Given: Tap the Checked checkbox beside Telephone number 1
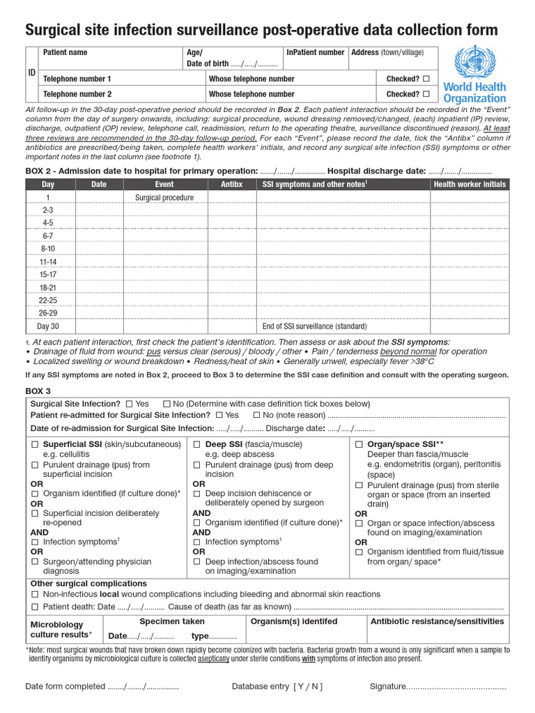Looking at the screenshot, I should [426, 79].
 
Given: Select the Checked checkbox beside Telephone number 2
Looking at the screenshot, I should [426, 94].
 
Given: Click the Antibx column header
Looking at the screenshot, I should [232, 185].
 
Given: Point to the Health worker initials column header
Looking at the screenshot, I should [470, 185].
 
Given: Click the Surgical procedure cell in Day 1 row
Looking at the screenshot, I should [164, 198].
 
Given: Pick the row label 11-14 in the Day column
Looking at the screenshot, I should [48, 262].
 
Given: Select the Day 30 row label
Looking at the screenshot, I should [48, 326].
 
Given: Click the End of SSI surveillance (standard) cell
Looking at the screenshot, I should [314, 326].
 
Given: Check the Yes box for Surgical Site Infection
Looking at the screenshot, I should [129, 404].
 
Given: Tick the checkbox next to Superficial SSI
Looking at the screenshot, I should [35, 444].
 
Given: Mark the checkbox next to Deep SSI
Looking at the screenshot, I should [197, 444].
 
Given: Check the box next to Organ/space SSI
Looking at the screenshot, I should [359, 444].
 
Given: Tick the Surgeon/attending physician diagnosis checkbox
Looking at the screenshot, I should [35, 561].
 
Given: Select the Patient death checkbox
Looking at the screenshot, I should [35, 607].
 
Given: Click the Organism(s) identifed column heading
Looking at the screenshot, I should [293, 621].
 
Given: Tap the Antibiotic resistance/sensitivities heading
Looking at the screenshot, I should [437, 621].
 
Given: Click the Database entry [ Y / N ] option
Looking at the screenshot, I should [277, 687].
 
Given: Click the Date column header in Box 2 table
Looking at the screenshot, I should [99, 185].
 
